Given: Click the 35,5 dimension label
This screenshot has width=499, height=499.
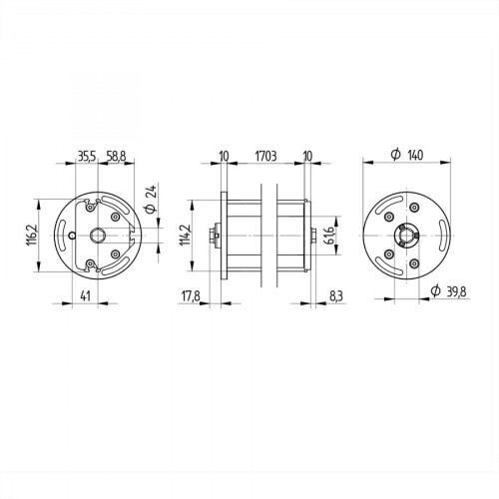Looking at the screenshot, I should (x=86, y=156).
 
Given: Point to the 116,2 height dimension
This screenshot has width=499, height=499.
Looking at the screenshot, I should (x=31, y=235).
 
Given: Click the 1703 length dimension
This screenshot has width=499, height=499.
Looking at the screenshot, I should (x=265, y=156).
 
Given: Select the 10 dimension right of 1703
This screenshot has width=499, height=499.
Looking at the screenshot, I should (x=307, y=156).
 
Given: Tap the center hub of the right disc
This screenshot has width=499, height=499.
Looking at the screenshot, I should (x=403, y=236).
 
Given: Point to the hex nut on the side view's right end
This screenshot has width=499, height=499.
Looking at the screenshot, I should (x=315, y=236).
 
